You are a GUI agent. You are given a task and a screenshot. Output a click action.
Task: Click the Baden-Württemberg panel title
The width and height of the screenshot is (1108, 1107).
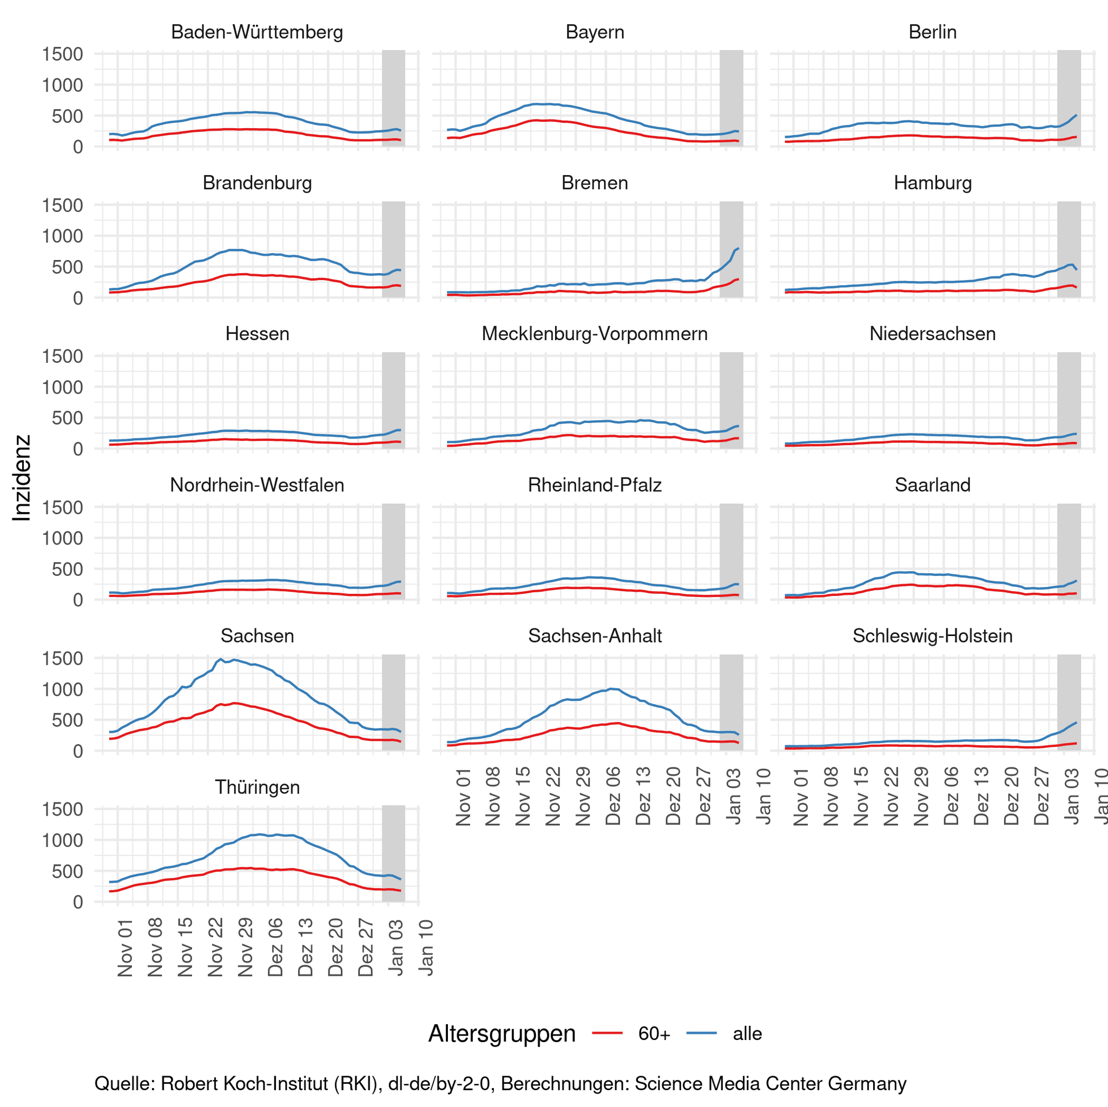(x=257, y=32)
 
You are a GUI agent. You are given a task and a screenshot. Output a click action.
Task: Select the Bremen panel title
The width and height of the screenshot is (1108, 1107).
(x=595, y=183)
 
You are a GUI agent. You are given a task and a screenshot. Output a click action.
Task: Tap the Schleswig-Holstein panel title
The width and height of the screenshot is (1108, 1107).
(x=933, y=636)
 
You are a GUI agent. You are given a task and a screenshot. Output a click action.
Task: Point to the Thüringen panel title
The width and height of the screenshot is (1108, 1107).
(x=257, y=787)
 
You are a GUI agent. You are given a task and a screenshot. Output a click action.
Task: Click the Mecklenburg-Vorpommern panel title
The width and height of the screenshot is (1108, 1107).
(x=595, y=334)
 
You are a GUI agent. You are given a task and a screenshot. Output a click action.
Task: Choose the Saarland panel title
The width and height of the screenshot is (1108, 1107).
(x=933, y=485)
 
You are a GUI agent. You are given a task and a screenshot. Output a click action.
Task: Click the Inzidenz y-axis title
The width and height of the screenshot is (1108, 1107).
(x=22, y=478)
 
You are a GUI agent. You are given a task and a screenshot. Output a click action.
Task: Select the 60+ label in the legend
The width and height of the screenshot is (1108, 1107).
(x=654, y=1033)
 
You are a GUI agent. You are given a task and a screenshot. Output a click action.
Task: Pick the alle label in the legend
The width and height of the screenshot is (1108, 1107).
(x=747, y=1033)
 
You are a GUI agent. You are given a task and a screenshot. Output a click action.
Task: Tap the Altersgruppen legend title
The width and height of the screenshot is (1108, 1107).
(x=502, y=1033)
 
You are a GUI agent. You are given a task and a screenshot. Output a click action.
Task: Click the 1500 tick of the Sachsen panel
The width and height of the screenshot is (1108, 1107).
(x=63, y=658)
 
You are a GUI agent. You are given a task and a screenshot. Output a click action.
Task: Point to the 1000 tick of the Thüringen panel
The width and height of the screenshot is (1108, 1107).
(x=63, y=840)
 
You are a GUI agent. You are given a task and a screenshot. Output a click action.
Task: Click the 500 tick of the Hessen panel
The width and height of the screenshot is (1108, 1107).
(x=68, y=418)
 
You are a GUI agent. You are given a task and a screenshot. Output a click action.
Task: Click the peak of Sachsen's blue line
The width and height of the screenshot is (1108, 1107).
(x=221, y=659)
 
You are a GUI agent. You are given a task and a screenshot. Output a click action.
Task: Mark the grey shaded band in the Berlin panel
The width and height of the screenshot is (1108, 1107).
(x=1069, y=97)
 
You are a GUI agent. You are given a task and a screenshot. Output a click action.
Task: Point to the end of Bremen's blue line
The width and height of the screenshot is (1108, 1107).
(x=738, y=248)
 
